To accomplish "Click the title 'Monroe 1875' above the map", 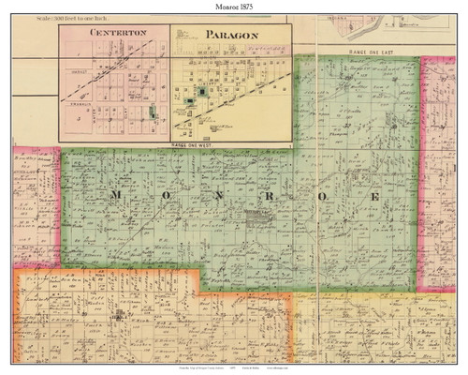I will point(234,7).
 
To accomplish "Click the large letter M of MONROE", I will point(116,193).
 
